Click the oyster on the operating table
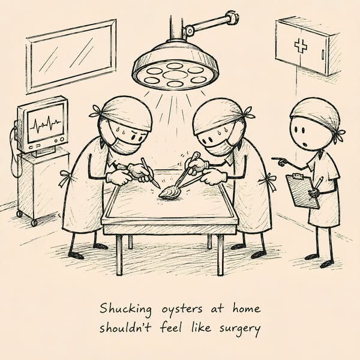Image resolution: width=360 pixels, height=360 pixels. [x=170, y=193]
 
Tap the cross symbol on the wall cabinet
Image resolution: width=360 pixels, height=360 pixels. [x=301, y=46]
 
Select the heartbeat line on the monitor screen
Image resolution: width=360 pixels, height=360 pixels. [x=47, y=124]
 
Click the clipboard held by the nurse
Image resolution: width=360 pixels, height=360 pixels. [x=302, y=191]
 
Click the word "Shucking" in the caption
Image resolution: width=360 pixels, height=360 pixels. [x=125, y=309]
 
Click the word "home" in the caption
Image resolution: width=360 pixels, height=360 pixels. [x=247, y=308]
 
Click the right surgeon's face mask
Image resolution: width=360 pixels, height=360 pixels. [x=218, y=147]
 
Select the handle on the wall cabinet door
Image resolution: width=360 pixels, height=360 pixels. [x=323, y=54]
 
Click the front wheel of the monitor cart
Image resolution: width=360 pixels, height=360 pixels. [x=34, y=223]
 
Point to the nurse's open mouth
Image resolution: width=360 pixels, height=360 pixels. [x=304, y=145]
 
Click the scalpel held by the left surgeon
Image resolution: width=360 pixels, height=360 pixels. [x=151, y=173]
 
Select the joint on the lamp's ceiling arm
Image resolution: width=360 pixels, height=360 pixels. [x=190, y=30]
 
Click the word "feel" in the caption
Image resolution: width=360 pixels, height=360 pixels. [x=170, y=328]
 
